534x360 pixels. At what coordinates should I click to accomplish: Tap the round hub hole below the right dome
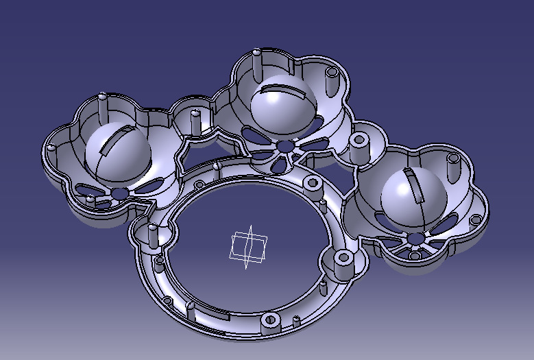click(415, 238)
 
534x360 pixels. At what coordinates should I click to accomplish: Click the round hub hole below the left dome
click(121, 194)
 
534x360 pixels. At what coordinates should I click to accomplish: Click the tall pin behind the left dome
click(103, 106)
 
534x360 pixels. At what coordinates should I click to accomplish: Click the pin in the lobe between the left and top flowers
click(195, 120)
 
